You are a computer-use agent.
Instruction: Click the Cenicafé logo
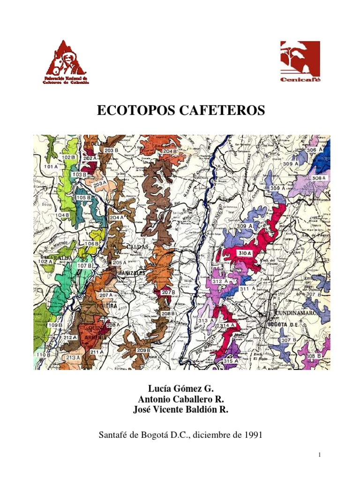click(x=300, y=62)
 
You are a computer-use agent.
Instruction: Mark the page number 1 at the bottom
click(x=319, y=455)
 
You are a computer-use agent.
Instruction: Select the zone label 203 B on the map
click(x=111, y=150)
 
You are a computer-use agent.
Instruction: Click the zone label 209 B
click(x=143, y=350)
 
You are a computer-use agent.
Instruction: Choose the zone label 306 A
click(x=315, y=150)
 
